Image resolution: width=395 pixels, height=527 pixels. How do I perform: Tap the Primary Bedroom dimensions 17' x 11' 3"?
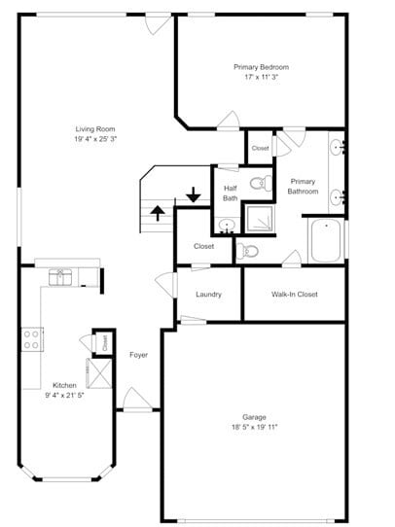coord(261,77)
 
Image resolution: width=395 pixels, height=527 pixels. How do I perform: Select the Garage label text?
coord(254,416)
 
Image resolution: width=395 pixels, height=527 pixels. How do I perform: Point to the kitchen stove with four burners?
coord(32,339)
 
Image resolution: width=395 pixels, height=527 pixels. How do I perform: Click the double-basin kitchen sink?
coord(61,277)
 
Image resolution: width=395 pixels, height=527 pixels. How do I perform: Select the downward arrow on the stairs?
coord(194,194)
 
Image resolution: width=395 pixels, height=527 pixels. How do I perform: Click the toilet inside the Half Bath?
coord(258,182)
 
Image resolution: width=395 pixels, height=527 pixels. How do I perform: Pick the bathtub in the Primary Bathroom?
coord(326,240)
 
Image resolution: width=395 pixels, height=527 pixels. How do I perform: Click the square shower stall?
coord(258,219)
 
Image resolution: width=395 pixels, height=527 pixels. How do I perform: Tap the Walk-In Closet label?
coord(294,295)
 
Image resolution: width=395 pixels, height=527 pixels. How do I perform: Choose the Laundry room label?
coord(208,295)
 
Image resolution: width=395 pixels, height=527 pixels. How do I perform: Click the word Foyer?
coord(139,355)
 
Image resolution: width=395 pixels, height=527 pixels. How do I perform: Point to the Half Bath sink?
coord(226,225)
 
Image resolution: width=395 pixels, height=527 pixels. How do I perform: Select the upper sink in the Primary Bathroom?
coord(337,148)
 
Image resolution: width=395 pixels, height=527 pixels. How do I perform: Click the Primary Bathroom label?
coord(303,186)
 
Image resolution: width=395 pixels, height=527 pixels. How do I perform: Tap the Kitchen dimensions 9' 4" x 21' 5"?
coord(65,396)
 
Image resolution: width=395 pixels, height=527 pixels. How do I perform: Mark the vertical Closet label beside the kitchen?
coord(104,342)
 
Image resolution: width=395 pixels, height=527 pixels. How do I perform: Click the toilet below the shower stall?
coord(250,251)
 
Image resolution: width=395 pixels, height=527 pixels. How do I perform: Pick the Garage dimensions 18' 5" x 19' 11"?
coord(254,427)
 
